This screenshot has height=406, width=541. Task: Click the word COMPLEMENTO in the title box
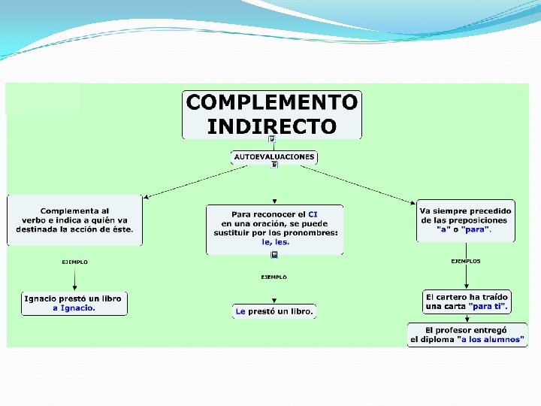[x=271, y=102]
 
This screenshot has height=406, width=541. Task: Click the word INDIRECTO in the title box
[x=271, y=126]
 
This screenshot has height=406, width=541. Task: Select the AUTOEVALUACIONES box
[x=274, y=156]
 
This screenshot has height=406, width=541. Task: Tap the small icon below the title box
[x=271, y=139]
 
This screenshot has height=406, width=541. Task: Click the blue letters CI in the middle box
[x=313, y=214]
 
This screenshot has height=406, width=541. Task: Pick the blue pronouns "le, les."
[x=275, y=242]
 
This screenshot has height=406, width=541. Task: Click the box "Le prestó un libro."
[x=274, y=311]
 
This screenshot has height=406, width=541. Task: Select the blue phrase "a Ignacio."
[x=74, y=308]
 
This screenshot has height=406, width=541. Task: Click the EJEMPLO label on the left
[x=74, y=262]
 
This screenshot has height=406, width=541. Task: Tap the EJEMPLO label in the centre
[x=274, y=277]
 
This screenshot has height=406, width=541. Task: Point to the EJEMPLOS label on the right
[x=466, y=261]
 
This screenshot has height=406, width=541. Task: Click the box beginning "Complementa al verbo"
[x=74, y=220]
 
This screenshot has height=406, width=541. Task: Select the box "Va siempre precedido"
[x=466, y=220]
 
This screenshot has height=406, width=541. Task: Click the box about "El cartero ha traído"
[x=466, y=301]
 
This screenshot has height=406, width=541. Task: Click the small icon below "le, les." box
[x=274, y=255]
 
